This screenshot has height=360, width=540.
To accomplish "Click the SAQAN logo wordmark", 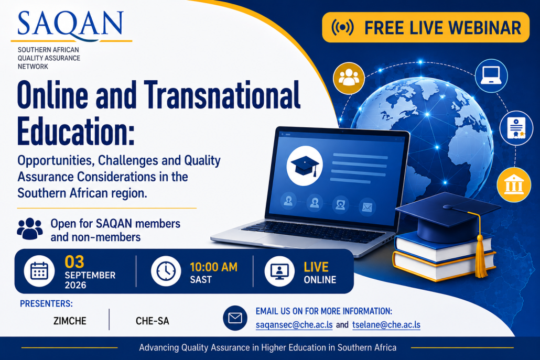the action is (70, 25).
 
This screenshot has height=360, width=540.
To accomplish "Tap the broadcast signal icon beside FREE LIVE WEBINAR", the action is (342, 27).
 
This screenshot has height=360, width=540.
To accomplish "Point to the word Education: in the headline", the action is (76, 132).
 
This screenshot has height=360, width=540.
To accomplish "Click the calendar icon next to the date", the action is (39, 271).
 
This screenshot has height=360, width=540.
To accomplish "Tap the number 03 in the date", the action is (74, 262).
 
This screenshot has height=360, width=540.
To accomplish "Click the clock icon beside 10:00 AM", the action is (166, 271).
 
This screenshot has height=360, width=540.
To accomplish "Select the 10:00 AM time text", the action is (213, 267).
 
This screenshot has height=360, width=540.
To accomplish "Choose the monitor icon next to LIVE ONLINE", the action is (279, 271).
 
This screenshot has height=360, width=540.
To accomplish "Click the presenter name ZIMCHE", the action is (70, 321).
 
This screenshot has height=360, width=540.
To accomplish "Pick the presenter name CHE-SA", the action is (153, 321).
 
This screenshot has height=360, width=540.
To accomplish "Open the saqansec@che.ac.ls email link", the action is (294, 325).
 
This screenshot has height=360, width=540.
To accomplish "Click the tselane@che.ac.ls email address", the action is (386, 325).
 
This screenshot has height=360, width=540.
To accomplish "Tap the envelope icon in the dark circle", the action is (235, 318).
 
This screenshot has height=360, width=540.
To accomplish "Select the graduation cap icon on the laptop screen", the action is (305, 166).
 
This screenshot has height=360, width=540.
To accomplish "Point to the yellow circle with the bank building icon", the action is (514, 184).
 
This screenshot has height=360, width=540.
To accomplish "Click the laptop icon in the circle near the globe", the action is (491, 75).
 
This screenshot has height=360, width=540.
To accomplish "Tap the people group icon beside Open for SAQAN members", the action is (30, 228).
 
